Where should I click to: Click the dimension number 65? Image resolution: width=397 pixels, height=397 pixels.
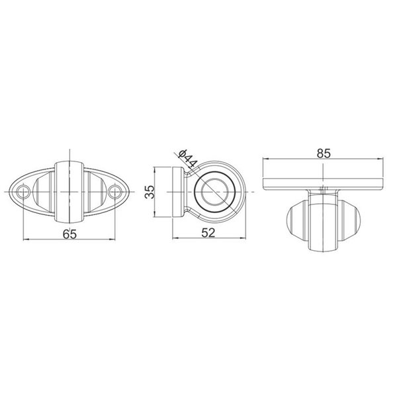pos(69,233)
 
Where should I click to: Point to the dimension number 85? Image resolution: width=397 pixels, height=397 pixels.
pos(324,153)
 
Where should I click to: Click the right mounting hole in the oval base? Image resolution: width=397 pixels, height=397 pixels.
pos(116,193)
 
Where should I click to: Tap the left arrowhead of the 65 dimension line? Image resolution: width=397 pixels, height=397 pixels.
pos(26,238)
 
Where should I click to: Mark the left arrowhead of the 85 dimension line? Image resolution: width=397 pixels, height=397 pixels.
pos(267,159)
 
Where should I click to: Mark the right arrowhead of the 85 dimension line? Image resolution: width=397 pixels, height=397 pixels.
pos(383,159)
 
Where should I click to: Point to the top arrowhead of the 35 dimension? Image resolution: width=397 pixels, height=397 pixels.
pos(156,169)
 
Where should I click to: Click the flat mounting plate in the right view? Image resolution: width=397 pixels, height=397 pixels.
pos(324,181)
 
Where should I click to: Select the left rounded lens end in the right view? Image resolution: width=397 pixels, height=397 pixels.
pos(295,222)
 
